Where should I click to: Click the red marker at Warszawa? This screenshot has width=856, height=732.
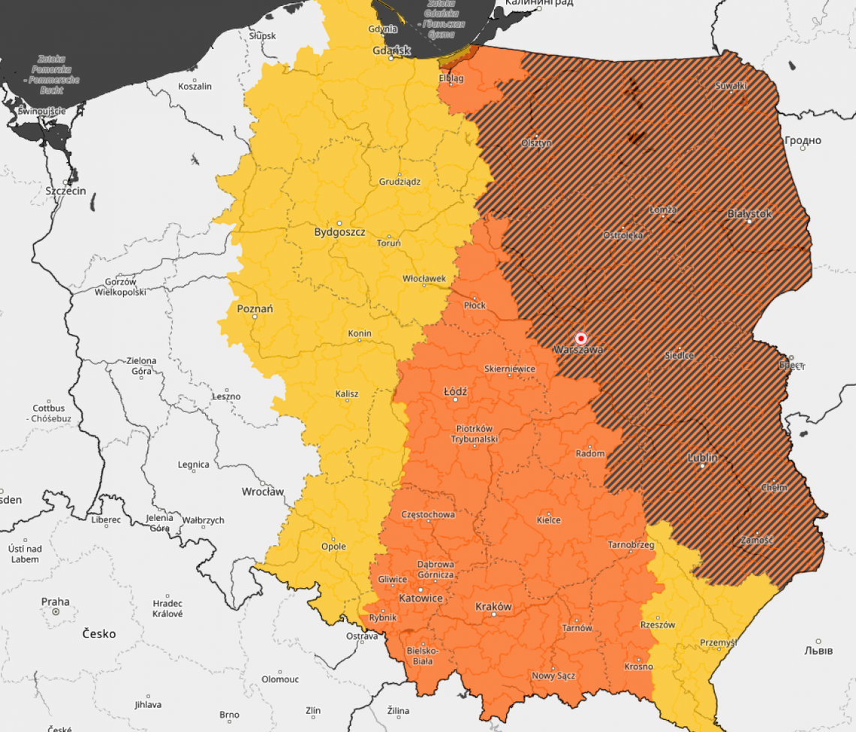pyautogui.click(x=580, y=339)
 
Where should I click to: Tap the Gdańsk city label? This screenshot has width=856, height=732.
pyautogui.click(x=391, y=51)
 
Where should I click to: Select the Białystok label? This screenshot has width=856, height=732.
pyautogui.click(x=749, y=214)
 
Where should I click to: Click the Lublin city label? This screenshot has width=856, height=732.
pyautogui.click(x=702, y=457)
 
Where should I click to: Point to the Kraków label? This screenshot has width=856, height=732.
pyautogui.click(x=494, y=607)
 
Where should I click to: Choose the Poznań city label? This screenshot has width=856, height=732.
pyautogui.click(x=255, y=309)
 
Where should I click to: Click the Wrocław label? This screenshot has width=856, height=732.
pyautogui.click(x=263, y=492)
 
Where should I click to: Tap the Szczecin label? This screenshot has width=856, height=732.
pyautogui.click(x=65, y=191)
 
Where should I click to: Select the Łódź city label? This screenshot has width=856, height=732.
pyautogui.click(x=456, y=392)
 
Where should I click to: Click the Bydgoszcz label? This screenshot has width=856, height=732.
pyautogui.click(x=339, y=232)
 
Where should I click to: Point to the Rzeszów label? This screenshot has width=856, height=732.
pyautogui.click(x=658, y=625)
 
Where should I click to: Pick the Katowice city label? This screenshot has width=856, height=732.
pyautogui.click(x=420, y=598)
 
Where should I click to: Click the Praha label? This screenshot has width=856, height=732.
pyautogui.click(x=56, y=601)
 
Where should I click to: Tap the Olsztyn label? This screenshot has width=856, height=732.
pyautogui.click(x=536, y=143)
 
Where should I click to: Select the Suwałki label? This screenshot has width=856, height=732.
pyautogui.click(x=731, y=86)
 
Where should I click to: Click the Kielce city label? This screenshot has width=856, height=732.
pyautogui.click(x=549, y=520)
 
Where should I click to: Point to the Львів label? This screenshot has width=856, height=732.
pyautogui.click(x=818, y=650)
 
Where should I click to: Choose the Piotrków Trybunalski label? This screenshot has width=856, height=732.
pyautogui.click(x=475, y=433)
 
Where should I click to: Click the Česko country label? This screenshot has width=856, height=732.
pyautogui.click(x=99, y=634)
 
